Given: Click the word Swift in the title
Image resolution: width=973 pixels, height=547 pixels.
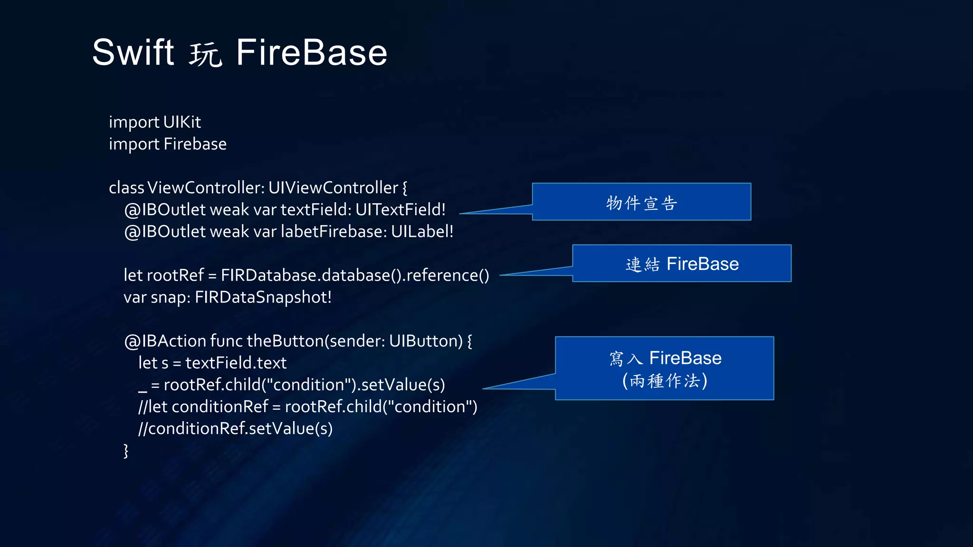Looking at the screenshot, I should [x=133, y=52].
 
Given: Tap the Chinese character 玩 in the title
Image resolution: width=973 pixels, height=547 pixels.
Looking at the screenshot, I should [x=205, y=54].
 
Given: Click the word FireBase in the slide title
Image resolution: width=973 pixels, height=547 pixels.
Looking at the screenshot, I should [x=312, y=52].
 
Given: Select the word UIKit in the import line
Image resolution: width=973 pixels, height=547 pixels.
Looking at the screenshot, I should [x=182, y=122].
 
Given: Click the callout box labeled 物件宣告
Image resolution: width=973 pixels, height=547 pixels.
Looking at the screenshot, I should [x=641, y=202].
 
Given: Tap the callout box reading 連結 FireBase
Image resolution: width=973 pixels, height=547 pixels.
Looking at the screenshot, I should [x=682, y=264].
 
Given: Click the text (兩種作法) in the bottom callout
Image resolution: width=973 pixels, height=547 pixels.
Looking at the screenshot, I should [x=664, y=381].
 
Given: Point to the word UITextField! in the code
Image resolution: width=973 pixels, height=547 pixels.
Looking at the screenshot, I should [x=401, y=209].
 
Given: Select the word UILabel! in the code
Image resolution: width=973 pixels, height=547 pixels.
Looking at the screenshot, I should [x=422, y=232].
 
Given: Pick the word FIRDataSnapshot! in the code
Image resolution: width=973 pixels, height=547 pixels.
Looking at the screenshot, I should [x=263, y=297].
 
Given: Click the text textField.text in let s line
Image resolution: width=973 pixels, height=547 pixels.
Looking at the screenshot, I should [x=236, y=363].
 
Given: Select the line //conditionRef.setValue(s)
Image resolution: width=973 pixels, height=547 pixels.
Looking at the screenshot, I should [x=235, y=428].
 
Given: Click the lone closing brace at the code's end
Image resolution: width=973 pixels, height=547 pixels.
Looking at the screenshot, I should [x=126, y=450].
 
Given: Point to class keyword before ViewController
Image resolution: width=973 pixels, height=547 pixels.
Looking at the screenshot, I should [x=126, y=188].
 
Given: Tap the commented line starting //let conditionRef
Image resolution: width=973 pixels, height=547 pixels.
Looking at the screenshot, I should [x=307, y=406].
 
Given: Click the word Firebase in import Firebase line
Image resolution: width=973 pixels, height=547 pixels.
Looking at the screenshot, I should [x=195, y=144].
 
